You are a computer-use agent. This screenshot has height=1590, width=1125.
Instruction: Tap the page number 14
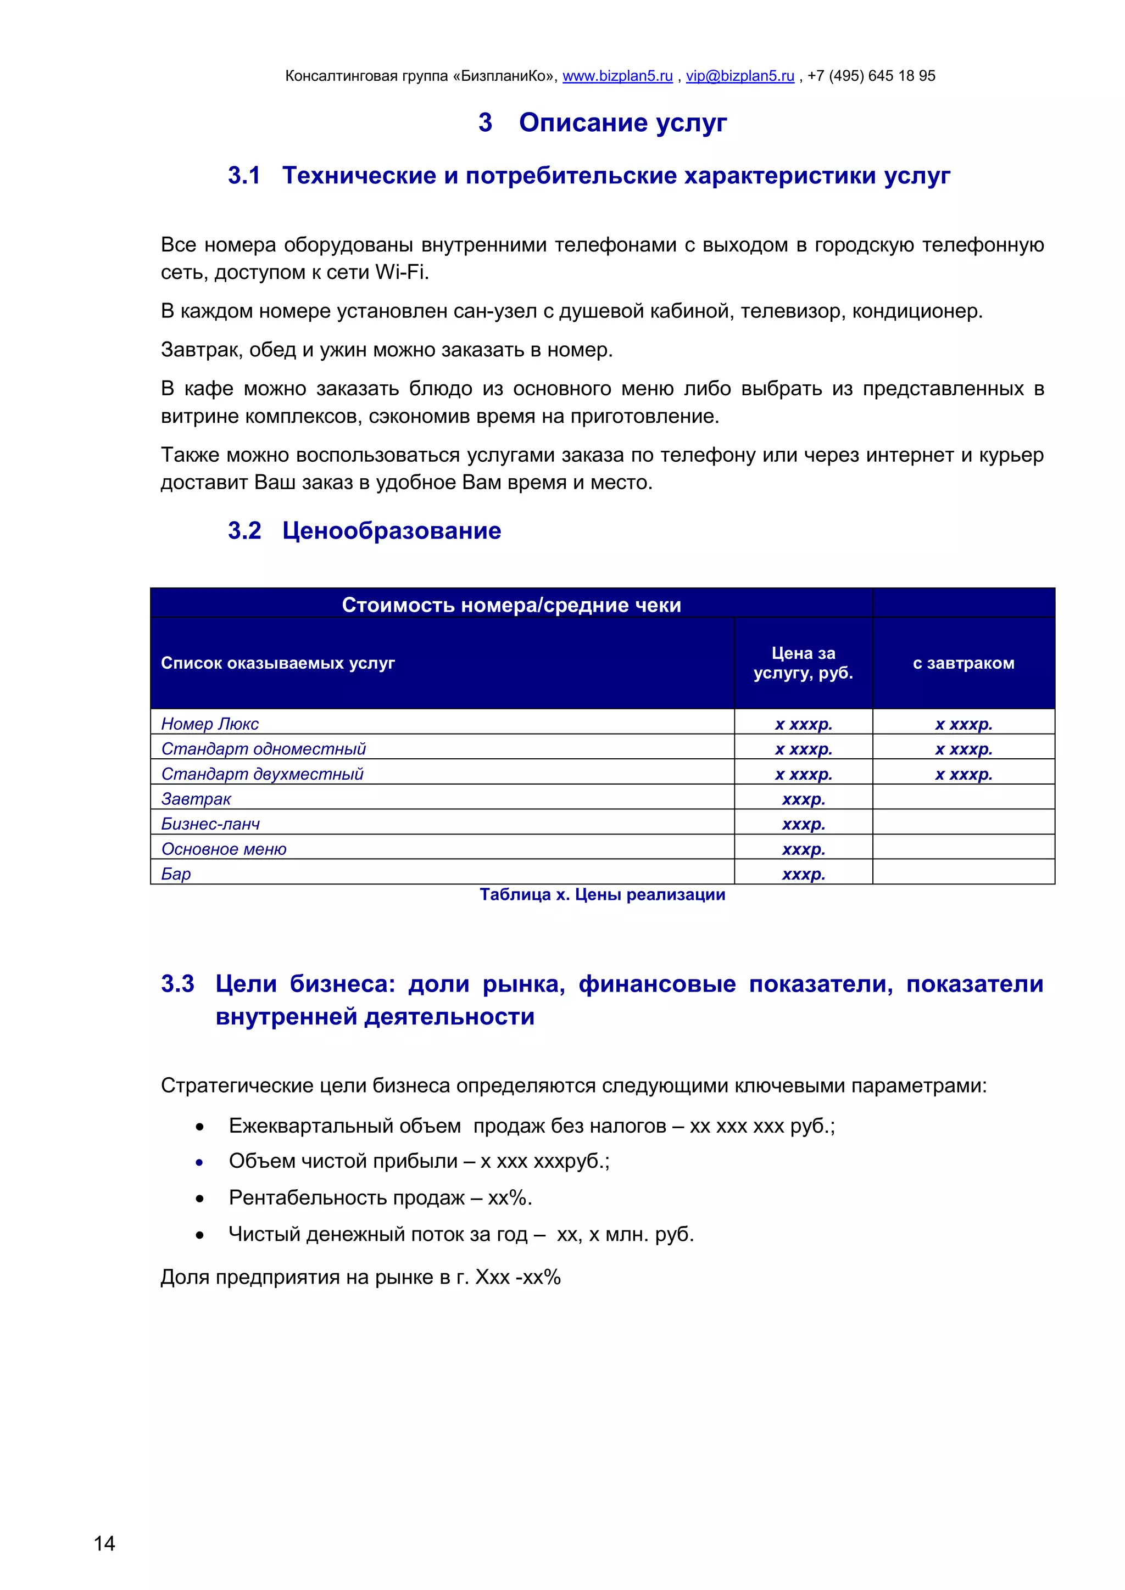[x=104, y=1543]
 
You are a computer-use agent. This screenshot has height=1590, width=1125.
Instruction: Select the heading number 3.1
[x=244, y=176]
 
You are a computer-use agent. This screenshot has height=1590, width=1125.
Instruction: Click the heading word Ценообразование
[x=392, y=531]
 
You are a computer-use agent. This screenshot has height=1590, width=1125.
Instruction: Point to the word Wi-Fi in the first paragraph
[x=401, y=273]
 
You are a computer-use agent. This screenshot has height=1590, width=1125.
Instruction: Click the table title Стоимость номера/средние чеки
[x=511, y=605]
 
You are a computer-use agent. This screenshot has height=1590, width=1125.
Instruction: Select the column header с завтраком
[x=963, y=663]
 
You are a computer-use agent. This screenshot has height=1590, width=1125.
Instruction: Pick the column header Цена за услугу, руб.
[x=803, y=663]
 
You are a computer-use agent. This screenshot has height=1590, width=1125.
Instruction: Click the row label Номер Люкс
[x=210, y=724]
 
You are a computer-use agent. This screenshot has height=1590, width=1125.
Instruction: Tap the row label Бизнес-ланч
[x=210, y=824]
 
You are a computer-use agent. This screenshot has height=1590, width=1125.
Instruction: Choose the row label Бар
[x=176, y=874]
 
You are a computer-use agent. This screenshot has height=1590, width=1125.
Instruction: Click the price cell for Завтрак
[x=804, y=799]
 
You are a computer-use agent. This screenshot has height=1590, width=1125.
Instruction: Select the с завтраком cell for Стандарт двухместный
[x=964, y=774]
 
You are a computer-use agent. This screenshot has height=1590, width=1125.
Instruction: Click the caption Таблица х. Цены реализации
[x=602, y=895]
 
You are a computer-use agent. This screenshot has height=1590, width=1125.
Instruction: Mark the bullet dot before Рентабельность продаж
[x=199, y=1199]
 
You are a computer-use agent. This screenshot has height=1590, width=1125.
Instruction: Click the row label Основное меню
[x=224, y=849]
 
